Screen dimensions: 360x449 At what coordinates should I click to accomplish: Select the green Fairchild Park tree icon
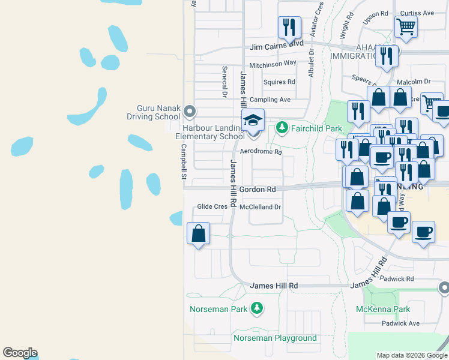pos(282,128)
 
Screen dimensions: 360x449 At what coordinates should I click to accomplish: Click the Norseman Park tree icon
pos(257,308)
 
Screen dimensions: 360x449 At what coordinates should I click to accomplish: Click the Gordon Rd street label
pos(258,190)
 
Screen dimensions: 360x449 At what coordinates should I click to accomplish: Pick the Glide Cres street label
pos(212,207)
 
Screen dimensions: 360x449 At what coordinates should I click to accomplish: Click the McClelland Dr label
pos(260,207)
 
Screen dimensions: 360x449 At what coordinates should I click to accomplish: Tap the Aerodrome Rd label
pos(261,152)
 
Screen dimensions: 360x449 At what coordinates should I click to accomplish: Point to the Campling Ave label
pos(270,100)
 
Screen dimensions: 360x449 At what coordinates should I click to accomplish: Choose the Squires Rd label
pos(280,82)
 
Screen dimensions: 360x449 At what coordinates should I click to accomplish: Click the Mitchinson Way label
pos(273,64)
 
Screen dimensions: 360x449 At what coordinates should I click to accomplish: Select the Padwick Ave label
pos(400,323)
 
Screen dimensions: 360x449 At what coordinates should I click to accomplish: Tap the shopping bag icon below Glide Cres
pos(198,233)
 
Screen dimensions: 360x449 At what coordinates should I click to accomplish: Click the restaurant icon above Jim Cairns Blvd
pos(289,27)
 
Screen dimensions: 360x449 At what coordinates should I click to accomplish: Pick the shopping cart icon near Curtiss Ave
pos(406,26)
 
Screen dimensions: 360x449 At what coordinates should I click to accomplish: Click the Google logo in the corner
pos(20,353)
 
